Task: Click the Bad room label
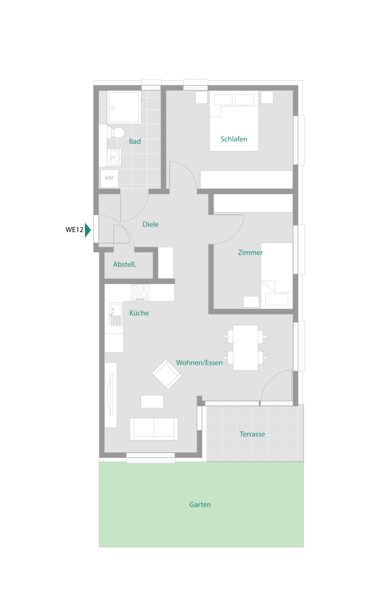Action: (x=135, y=141)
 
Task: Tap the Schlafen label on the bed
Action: (x=234, y=139)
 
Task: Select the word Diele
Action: (x=151, y=224)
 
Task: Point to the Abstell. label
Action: (x=125, y=264)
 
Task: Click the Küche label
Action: (x=139, y=312)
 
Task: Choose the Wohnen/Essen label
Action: (x=199, y=363)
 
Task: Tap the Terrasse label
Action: (x=252, y=434)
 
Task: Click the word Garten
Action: (x=200, y=505)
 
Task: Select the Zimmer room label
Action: (x=250, y=252)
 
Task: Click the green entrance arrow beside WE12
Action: (x=88, y=230)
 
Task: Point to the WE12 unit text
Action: (x=75, y=229)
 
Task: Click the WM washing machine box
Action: (x=109, y=178)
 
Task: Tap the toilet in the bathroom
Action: (x=116, y=133)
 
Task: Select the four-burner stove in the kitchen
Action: (x=140, y=292)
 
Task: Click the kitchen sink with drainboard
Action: (x=116, y=314)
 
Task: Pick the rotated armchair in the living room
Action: (x=167, y=374)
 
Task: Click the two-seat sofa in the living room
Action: (x=154, y=429)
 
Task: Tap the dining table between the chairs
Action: (x=245, y=348)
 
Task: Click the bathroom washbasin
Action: (x=114, y=157)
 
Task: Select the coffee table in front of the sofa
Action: (x=152, y=401)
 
